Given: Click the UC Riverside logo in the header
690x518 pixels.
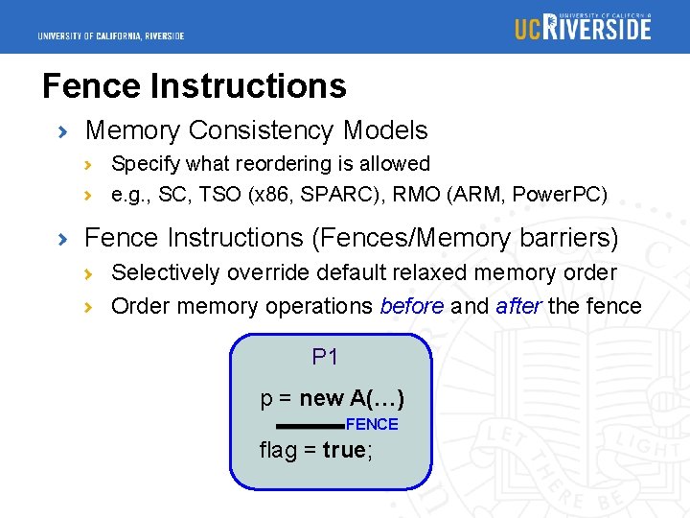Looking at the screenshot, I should (583, 26).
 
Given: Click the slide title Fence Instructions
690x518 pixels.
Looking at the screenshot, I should (195, 86).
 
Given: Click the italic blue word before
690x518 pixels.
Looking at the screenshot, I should (412, 306).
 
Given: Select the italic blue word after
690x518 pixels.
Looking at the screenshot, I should (517, 306).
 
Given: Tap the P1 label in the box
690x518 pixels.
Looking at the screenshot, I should (326, 358).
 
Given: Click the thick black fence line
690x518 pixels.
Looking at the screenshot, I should (309, 425).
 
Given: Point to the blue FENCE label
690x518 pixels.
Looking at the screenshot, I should (372, 424).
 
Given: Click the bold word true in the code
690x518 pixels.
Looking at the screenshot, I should (343, 450).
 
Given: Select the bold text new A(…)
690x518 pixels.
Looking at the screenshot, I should (352, 398).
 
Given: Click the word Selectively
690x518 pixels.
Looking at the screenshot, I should (166, 272).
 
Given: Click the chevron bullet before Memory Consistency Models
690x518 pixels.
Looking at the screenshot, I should (63, 130).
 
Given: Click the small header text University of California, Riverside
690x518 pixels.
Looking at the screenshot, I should (111, 36).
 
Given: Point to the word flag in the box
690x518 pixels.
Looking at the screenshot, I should (279, 450).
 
